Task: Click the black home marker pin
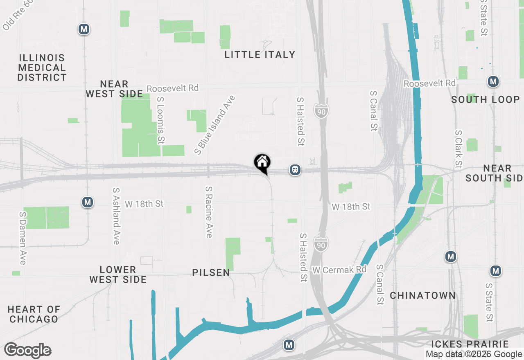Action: (262, 163)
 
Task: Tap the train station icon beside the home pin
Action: (295, 169)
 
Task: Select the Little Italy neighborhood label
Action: (260, 54)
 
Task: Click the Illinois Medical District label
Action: (42, 67)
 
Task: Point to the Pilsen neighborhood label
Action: (211, 272)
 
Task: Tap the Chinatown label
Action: (422, 295)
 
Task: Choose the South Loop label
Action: (485, 99)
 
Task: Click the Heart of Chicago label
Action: (34, 314)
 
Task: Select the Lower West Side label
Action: (118, 274)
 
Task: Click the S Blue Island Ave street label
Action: (215, 125)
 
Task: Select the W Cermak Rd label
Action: (339, 270)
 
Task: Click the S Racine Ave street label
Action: (209, 212)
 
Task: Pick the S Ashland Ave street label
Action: (116, 216)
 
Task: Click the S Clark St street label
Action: (458, 149)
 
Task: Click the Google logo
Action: (28, 351)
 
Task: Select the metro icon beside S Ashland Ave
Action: (87, 202)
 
